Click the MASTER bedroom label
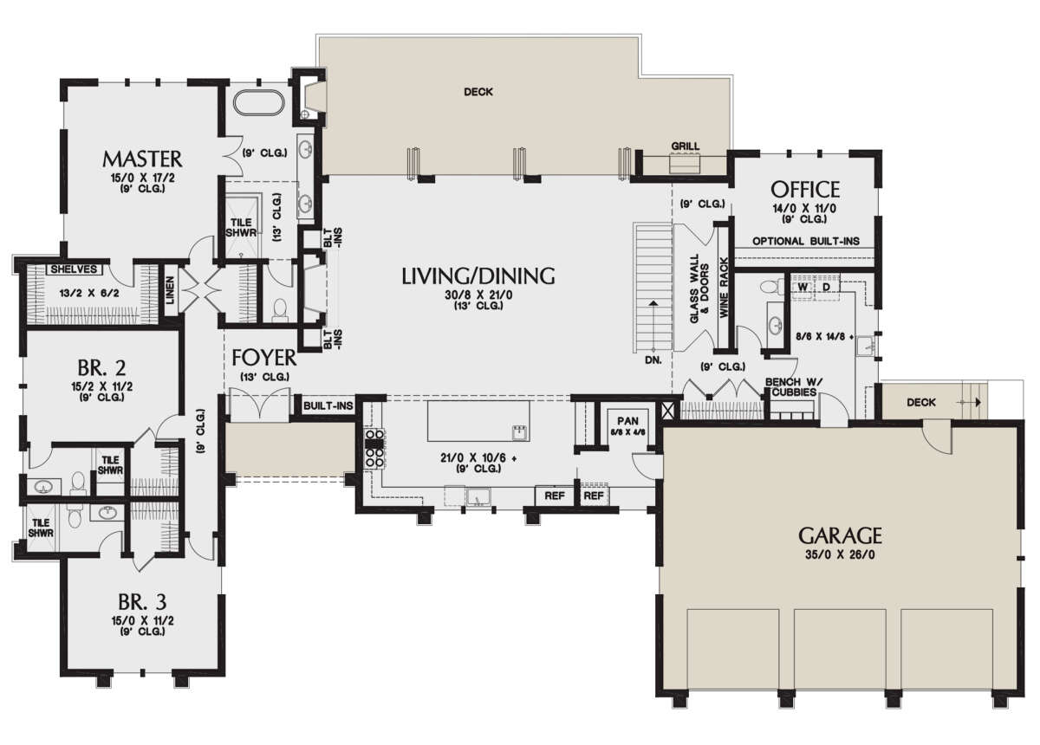tap(142, 159)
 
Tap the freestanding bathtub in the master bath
tap(258, 102)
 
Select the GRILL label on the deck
tap(686, 146)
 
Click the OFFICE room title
tap(805, 190)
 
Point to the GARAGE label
tap(840, 535)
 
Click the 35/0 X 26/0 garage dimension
tap(841, 554)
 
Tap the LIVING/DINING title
tap(478, 275)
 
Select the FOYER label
tap(263, 358)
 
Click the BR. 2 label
tap(101, 367)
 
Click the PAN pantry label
tap(627, 421)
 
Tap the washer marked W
tap(803, 288)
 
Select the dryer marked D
tap(826, 288)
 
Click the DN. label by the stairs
tap(653, 360)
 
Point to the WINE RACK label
tap(725, 288)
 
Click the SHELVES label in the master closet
tap(74, 269)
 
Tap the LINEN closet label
tap(170, 290)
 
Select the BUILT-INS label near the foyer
tap(328, 405)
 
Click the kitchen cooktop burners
tap(374, 449)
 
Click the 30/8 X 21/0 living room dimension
tap(478, 295)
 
